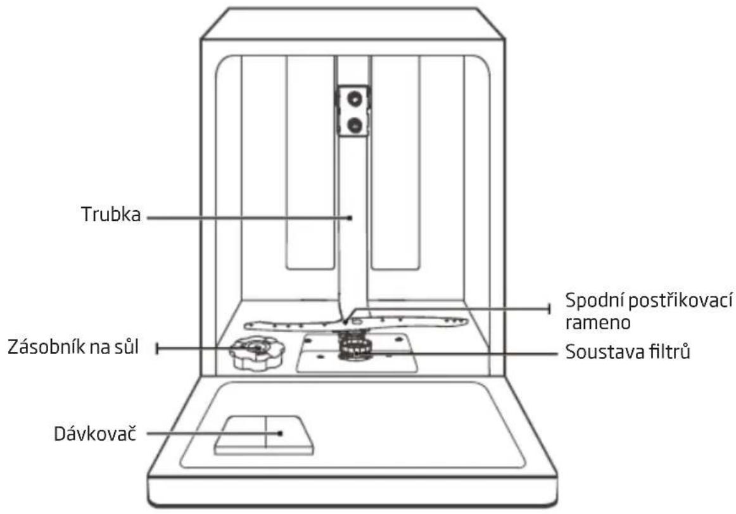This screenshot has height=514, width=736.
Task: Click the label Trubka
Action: click(x=111, y=215)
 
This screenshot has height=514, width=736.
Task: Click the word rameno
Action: click(x=597, y=323)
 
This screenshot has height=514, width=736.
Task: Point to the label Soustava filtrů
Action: click(x=628, y=351)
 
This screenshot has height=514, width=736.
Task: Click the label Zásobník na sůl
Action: click(x=73, y=348)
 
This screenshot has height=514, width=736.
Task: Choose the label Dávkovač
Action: click(x=95, y=434)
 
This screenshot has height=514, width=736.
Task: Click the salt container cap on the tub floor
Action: click(x=257, y=353)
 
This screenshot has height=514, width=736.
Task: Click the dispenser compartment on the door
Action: click(x=264, y=435)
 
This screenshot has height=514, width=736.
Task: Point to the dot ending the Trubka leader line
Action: click(x=350, y=218)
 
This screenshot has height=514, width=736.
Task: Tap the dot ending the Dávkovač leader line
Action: click(x=280, y=434)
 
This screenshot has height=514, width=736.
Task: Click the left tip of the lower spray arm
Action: click(x=246, y=325)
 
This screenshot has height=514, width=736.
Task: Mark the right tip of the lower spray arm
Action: click(x=466, y=322)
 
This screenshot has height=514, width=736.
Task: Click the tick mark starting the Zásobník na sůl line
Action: click(x=158, y=348)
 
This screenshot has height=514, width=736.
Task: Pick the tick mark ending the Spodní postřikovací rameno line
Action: click(x=549, y=308)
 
